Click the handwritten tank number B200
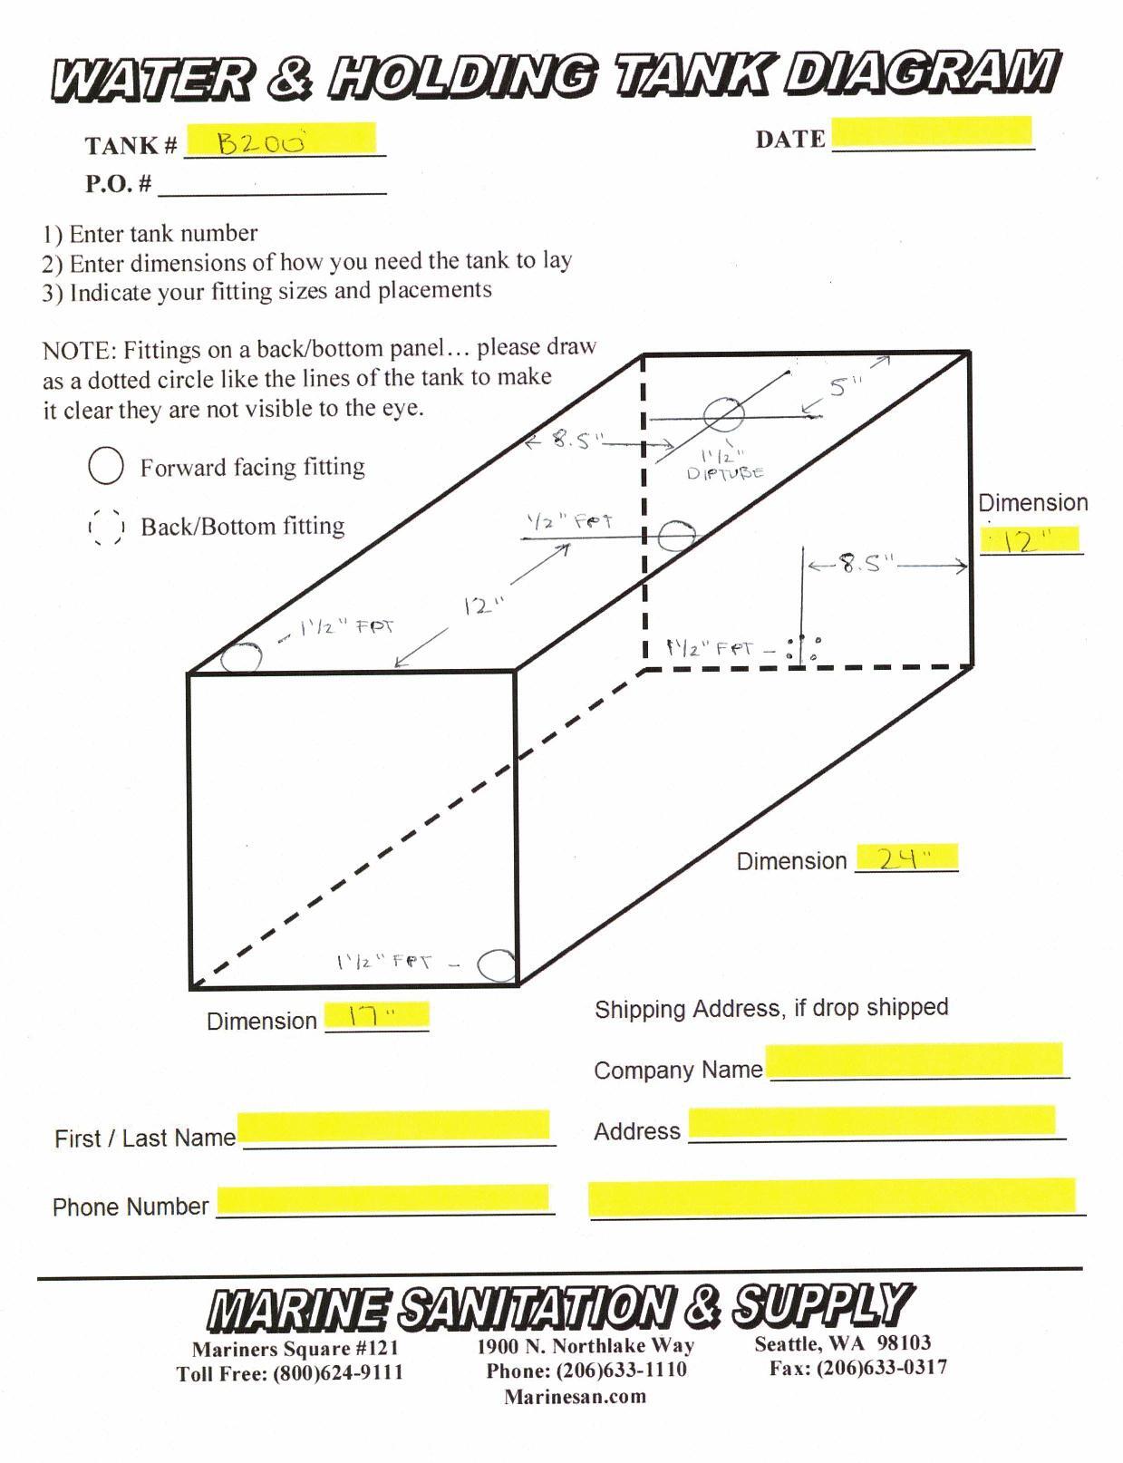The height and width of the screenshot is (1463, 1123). (x=261, y=142)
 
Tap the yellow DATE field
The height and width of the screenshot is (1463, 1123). (x=932, y=132)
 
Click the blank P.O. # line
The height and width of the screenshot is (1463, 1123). (x=273, y=193)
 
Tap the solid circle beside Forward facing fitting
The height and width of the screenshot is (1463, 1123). (x=106, y=465)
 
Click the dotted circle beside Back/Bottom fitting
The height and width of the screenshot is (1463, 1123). (x=106, y=525)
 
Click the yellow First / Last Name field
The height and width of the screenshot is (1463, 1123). (x=393, y=1125)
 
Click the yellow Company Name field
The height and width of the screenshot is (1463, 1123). (x=914, y=1059)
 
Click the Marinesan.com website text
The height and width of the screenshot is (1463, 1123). (x=575, y=1396)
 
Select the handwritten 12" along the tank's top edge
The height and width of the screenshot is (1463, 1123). (x=484, y=606)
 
